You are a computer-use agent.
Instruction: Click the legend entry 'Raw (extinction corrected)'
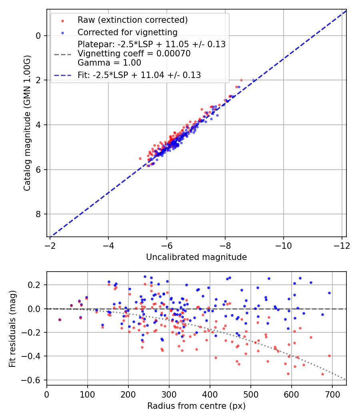click(x=132, y=20)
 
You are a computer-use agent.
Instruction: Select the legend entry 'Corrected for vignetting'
click(x=127, y=32)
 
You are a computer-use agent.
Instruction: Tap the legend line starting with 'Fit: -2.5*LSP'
click(x=139, y=75)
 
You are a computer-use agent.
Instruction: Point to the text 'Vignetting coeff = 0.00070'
click(x=134, y=54)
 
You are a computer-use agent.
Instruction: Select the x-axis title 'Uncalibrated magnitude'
click(x=196, y=257)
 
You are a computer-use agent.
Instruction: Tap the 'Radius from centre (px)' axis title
click(x=196, y=406)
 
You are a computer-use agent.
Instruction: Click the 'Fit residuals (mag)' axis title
click(x=12, y=328)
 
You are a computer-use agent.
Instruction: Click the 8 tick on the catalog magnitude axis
click(x=38, y=214)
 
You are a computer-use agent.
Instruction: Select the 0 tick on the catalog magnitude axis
click(x=38, y=36)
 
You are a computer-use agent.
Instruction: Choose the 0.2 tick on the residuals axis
click(x=35, y=285)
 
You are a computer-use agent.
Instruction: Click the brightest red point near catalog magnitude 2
click(x=241, y=80)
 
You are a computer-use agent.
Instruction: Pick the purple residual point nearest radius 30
click(x=60, y=320)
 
